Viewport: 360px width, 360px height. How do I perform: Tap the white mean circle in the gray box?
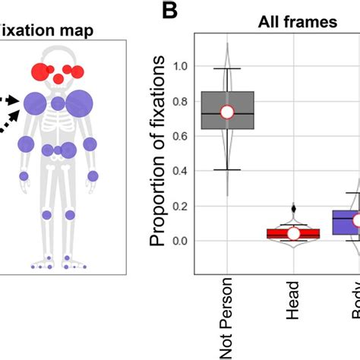point(226,112)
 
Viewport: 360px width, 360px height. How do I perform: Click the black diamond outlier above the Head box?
point(293,207)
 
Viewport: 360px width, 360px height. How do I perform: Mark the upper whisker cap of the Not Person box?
point(226,69)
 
